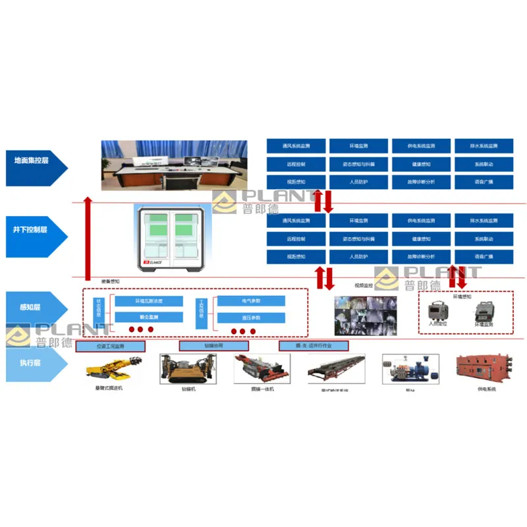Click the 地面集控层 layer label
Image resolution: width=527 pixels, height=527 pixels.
pos(33,160)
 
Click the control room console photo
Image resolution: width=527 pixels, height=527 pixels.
pos(174,163)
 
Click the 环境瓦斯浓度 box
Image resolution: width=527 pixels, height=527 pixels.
pos(149,301)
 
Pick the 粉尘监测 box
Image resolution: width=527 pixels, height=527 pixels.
pos(149,318)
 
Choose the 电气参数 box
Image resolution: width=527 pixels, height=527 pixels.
pos(251,301)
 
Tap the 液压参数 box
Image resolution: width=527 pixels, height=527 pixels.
pos(251,318)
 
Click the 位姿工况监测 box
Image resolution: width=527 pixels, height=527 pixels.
pos(110,346)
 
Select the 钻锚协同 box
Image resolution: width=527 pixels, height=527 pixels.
pos(213,346)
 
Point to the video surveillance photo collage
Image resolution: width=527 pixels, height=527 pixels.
pos(365,315)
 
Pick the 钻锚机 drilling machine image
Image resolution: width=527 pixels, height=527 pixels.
pos(188,370)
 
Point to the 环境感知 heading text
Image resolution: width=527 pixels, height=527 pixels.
pos(462,296)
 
